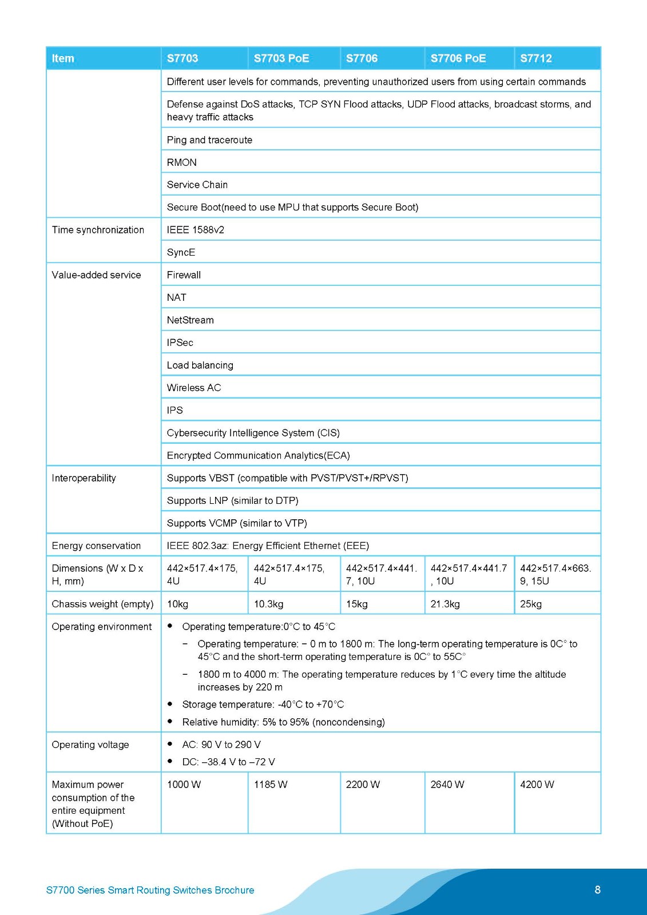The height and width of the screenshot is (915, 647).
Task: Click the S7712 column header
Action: click(x=536, y=58)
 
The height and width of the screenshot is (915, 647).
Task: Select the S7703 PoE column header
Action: click(x=281, y=58)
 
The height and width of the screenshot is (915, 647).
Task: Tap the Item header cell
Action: click(x=63, y=58)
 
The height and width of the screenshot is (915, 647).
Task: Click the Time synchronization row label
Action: click(x=98, y=230)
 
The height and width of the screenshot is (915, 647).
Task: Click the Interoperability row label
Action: click(x=84, y=478)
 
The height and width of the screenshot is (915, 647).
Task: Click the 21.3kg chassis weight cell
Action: click(x=445, y=604)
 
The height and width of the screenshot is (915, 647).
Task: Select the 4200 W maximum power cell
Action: click(x=537, y=785)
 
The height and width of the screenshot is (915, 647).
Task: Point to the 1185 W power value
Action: click(x=271, y=785)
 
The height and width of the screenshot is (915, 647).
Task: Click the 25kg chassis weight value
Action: click(x=530, y=604)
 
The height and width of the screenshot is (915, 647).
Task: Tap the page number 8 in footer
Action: click(x=597, y=889)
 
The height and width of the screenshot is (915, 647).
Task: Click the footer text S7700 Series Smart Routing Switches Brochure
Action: click(x=150, y=890)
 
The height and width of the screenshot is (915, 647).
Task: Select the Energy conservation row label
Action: click(x=96, y=546)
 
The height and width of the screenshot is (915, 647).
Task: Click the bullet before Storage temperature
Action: click(x=170, y=704)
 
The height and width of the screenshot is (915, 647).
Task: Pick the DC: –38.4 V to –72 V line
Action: click(x=228, y=762)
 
